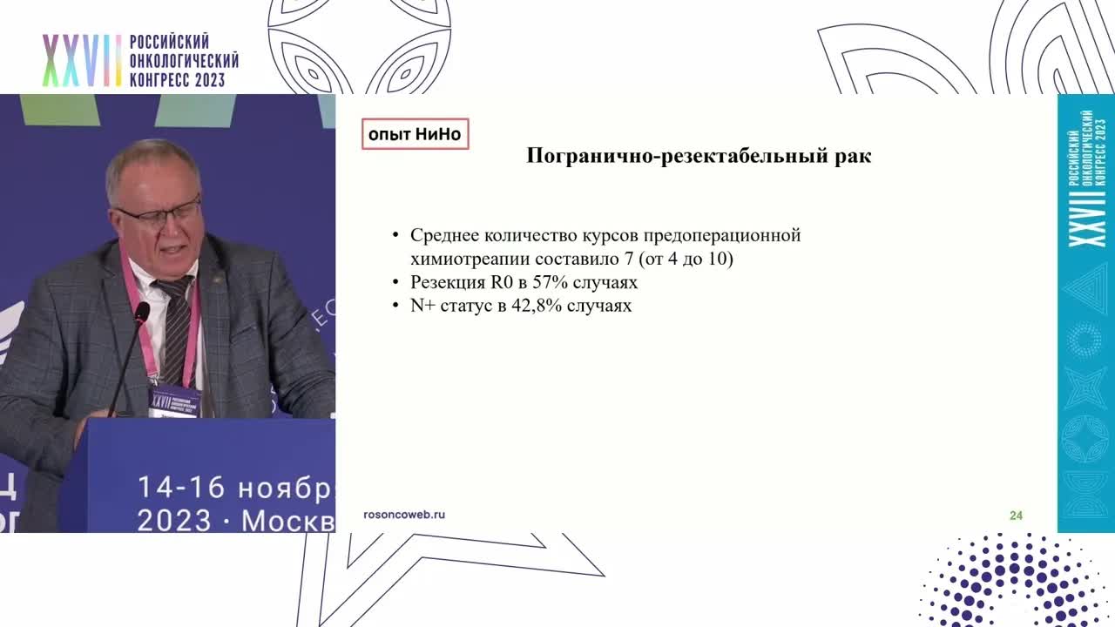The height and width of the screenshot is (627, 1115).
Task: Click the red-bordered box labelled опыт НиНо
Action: (415, 134)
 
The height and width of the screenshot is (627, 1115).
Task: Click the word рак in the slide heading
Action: (852, 157)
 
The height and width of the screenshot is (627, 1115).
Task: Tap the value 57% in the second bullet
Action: (535, 283)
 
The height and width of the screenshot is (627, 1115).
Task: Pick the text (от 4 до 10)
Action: (688, 260)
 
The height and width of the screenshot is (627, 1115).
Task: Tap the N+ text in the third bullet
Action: (422, 306)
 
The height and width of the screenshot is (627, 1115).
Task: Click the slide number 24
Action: (1016, 516)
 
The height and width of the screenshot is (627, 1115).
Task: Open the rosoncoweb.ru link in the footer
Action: (404, 515)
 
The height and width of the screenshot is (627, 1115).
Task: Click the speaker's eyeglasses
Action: (159, 212)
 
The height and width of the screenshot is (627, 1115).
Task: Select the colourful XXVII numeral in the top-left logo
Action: (81, 61)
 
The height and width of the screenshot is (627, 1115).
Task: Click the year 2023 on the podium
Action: (174, 520)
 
